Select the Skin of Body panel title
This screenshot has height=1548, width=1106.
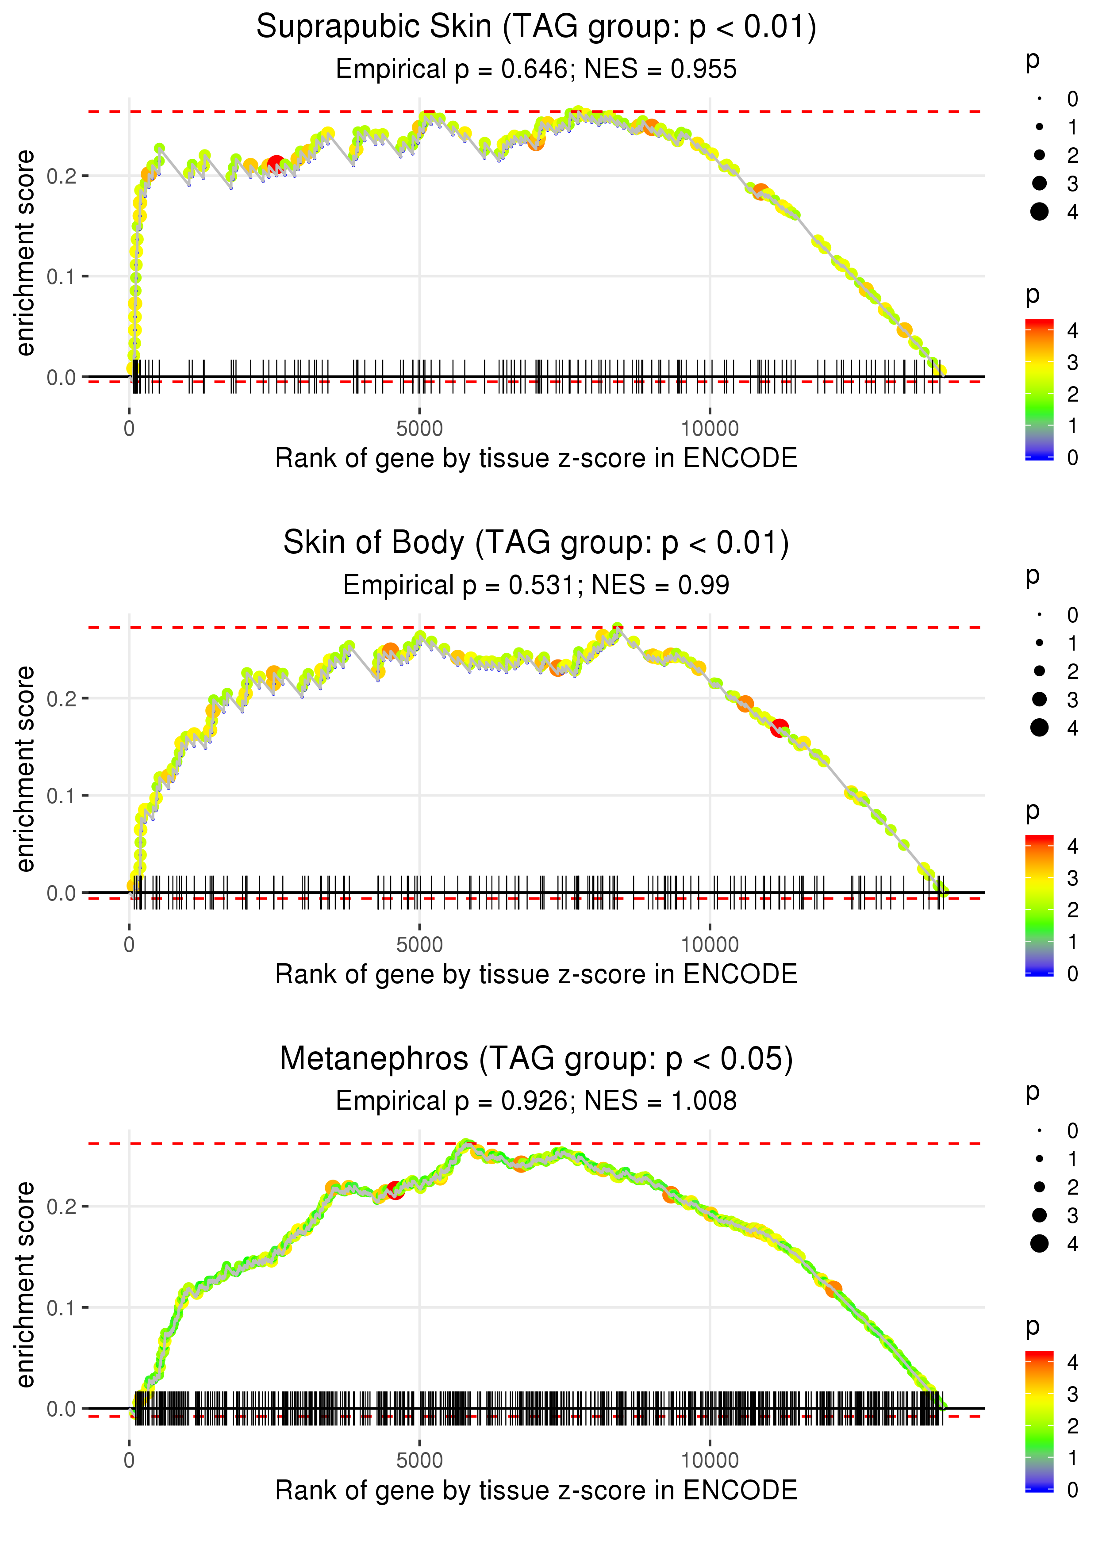pyautogui.click(x=536, y=543)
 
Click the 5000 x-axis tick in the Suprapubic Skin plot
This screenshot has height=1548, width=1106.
pyautogui.click(x=419, y=429)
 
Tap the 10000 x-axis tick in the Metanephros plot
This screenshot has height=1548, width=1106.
pyautogui.click(x=710, y=1461)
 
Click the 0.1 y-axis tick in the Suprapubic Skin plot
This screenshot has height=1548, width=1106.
pyautogui.click(x=61, y=277)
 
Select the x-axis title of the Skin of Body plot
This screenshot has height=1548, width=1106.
pyautogui.click(x=536, y=975)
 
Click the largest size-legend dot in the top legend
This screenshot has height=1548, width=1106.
pyautogui.click(x=1039, y=212)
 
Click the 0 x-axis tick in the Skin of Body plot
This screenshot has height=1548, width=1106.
pyautogui.click(x=129, y=945)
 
